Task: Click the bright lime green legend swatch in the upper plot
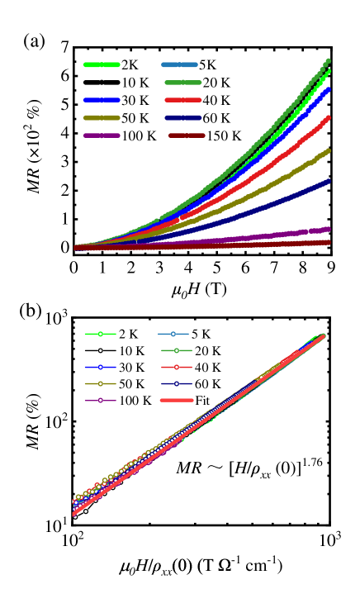point(102,64)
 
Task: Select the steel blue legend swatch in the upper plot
point(179,64)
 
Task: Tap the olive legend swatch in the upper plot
point(102,117)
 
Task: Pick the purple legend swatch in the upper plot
point(102,135)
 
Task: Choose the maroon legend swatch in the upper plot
point(187,135)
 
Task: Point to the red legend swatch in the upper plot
point(183,100)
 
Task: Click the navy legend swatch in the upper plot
point(183,117)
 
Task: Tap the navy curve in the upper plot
point(289,198)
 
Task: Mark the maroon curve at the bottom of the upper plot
point(289,244)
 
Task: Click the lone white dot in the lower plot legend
point(101,350)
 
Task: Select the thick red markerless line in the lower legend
point(176,400)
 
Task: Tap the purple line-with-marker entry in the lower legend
point(101,400)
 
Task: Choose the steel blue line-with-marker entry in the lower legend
point(173,334)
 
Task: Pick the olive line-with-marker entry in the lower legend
point(101,383)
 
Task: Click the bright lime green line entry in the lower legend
point(101,334)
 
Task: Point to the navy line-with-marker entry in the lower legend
point(176,383)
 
